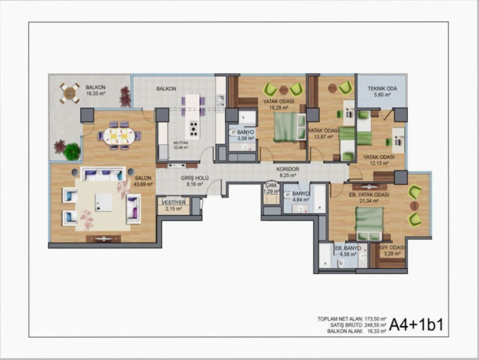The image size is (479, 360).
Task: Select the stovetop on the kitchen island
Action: [x=193, y=129]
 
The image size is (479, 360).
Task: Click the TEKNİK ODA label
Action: [x=382, y=89]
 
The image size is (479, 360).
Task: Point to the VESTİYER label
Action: [x=174, y=202]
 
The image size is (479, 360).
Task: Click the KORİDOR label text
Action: [x=287, y=169]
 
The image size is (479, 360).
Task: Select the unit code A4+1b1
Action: [x=416, y=325]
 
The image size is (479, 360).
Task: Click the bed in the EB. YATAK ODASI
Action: [x=369, y=223]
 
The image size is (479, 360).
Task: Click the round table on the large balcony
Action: [x=70, y=93]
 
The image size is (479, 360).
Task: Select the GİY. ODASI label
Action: [x=392, y=248]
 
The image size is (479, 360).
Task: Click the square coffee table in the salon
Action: [x=103, y=202]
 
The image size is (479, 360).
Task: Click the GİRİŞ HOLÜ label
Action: [x=195, y=178]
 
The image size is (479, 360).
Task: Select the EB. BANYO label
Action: [x=348, y=248]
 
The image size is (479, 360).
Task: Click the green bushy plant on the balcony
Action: [x=72, y=152]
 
